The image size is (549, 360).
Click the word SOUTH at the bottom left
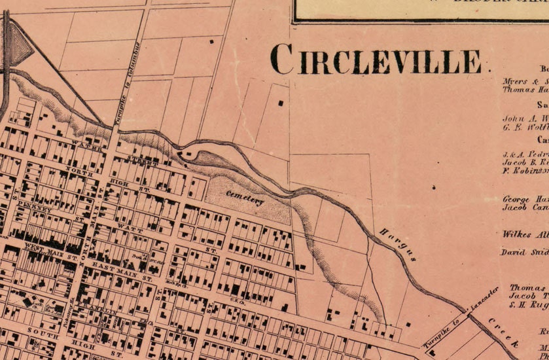(x=43, y=334)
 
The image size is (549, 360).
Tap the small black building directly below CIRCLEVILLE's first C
(x=281, y=103)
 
